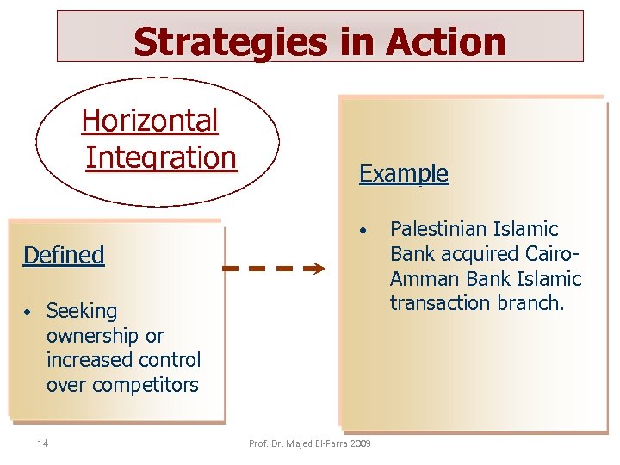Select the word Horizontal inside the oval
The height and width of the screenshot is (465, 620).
[x=150, y=121]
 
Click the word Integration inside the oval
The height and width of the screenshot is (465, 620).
[x=160, y=158]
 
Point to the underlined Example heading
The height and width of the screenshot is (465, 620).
[x=403, y=173]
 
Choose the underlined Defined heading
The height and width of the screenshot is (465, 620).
[x=64, y=255]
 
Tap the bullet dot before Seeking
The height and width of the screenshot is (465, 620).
[x=28, y=311]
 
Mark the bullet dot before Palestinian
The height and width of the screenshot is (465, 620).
[x=365, y=231]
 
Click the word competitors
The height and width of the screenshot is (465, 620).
[x=122, y=385]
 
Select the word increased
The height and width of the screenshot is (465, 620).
[x=88, y=360]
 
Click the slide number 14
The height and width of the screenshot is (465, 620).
[x=42, y=443]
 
